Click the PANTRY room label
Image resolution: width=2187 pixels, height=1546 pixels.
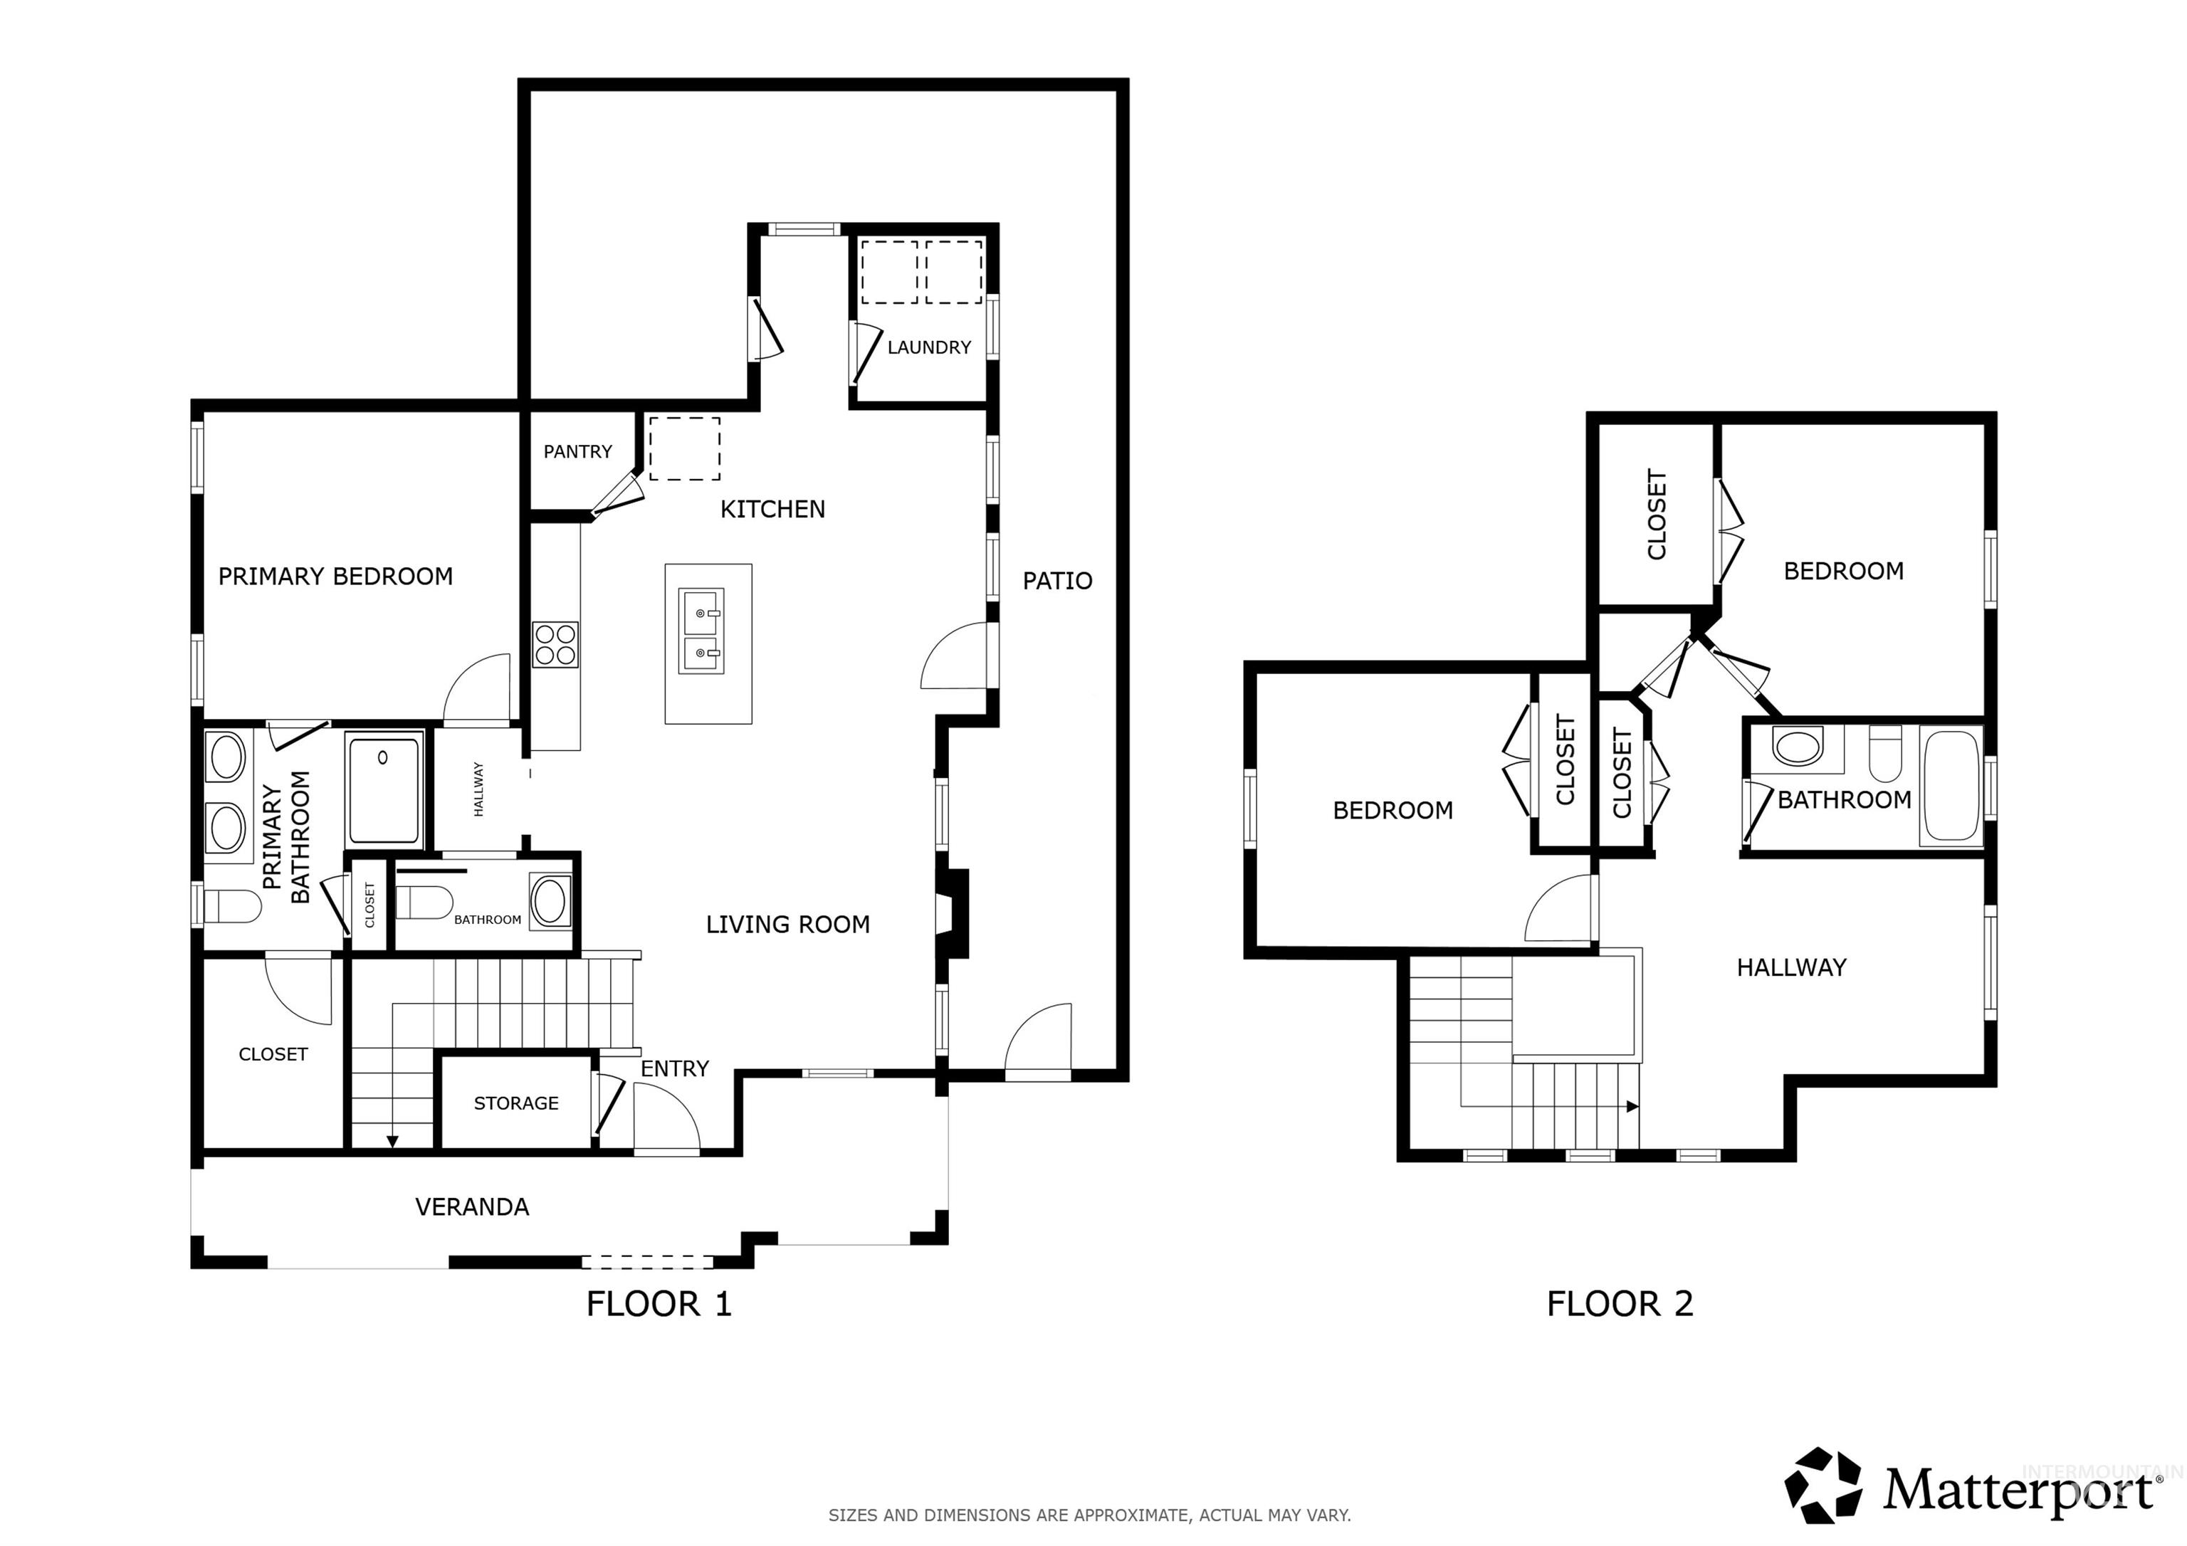pyautogui.click(x=577, y=451)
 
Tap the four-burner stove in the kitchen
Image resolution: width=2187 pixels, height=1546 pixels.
pyautogui.click(x=555, y=644)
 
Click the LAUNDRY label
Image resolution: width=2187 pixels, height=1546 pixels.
pyautogui.click(x=929, y=347)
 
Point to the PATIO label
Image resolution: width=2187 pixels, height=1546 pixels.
pyautogui.click(x=1056, y=581)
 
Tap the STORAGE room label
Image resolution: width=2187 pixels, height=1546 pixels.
pyautogui.click(x=515, y=1103)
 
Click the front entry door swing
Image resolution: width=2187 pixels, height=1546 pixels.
pyautogui.click(x=664, y=1120)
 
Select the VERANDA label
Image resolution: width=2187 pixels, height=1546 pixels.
pyautogui.click(x=471, y=1207)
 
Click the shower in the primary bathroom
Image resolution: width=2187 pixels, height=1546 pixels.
pyautogui.click(x=383, y=789)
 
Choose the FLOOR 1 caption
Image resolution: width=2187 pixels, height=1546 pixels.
pyautogui.click(x=659, y=1303)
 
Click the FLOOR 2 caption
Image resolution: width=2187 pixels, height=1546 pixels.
pyautogui.click(x=1620, y=1303)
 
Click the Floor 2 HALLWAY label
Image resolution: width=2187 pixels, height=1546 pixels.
pyautogui.click(x=1790, y=968)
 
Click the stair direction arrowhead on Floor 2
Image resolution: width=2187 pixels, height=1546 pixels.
pyautogui.click(x=1632, y=1107)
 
